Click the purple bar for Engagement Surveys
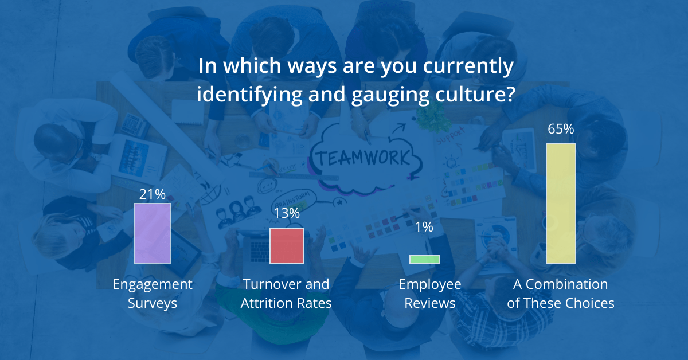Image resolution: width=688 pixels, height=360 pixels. (153, 233)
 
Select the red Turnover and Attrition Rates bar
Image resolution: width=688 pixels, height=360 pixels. (287, 246)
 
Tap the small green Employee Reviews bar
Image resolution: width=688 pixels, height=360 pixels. (424, 260)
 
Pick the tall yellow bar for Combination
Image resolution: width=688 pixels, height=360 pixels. (561, 204)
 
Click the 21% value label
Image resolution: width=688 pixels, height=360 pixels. (153, 194)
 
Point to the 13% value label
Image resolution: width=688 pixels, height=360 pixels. (287, 213)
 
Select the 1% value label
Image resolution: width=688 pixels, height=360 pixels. (424, 227)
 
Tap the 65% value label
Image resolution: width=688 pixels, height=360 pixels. (561, 129)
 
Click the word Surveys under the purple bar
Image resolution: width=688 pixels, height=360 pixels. (153, 303)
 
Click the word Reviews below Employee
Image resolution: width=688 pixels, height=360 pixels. (429, 303)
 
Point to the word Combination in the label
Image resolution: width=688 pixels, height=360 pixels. (566, 284)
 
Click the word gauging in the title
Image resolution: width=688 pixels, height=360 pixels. (390, 95)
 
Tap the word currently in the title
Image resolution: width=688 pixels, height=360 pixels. (468, 66)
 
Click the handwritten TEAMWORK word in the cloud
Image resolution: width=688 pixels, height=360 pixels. (363, 158)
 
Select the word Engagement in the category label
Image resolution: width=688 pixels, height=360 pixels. (153, 285)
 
